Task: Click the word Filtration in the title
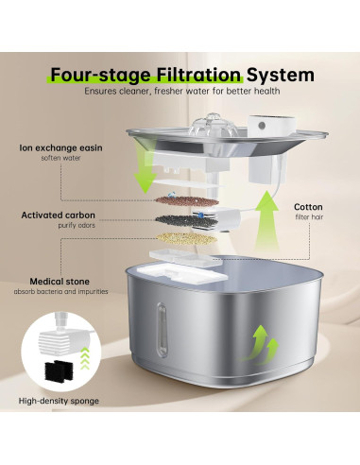click(198, 75)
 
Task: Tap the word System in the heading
click(281, 75)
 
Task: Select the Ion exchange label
click(60, 147)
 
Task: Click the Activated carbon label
click(58, 215)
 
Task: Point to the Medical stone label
click(60, 282)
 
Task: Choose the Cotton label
click(308, 207)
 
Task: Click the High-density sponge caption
click(59, 401)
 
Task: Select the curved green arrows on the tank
click(260, 346)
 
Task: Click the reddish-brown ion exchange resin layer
click(186, 200)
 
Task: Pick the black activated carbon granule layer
click(186, 221)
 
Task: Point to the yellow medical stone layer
click(186, 239)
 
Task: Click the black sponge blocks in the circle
click(60, 371)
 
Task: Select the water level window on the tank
click(162, 330)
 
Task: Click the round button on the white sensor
click(262, 126)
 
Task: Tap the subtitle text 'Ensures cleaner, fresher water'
click(147, 91)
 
